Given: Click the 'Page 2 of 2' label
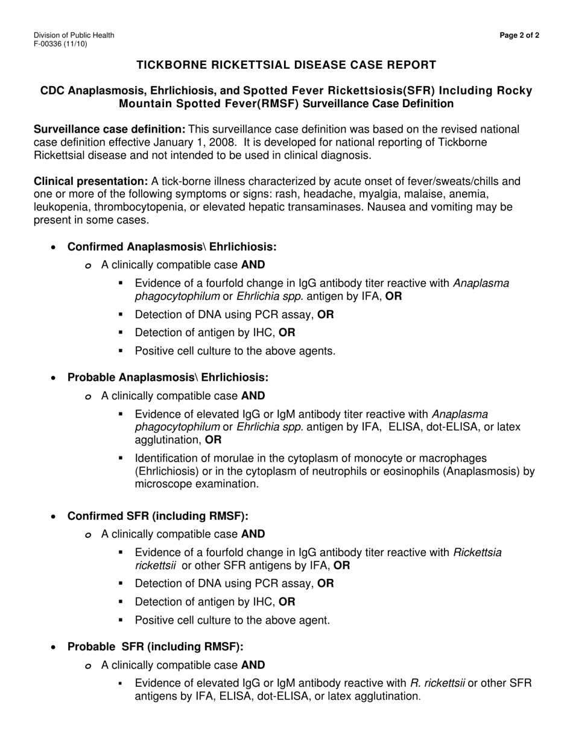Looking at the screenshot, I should pyautogui.click(x=519, y=36).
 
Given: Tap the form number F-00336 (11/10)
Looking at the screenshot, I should pyautogui.click(x=60, y=44).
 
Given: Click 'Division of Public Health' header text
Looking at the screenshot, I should pyautogui.click(x=74, y=36).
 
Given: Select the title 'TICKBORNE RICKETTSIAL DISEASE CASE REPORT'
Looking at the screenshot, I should pyautogui.click(x=286, y=64).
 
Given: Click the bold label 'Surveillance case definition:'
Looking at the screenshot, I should pyautogui.click(x=109, y=130).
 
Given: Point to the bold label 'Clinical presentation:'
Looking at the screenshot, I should pyautogui.click(x=90, y=181).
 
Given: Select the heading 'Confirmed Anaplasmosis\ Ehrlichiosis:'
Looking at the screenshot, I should pyautogui.click(x=172, y=247).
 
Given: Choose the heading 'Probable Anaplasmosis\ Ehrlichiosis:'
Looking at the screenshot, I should pyautogui.click(x=168, y=378).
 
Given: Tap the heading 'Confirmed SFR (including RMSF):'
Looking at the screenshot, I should pyautogui.click(x=157, y=516).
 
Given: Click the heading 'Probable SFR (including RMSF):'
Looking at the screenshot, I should pyautogui.click(x=155, y=647).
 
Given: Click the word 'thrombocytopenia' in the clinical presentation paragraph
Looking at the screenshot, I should pyautogui.click(x=138, y=207).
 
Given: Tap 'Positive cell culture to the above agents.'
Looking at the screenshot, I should pyautogui.click(x=235, y=351).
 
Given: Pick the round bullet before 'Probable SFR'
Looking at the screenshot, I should pyautogui.click(x=55, y=648).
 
